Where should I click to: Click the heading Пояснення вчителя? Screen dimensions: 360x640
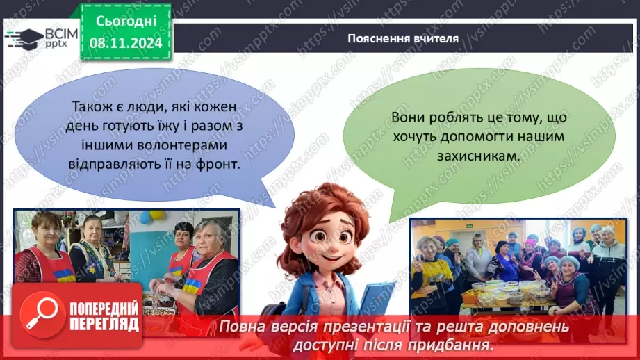(x=403, y=38)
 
